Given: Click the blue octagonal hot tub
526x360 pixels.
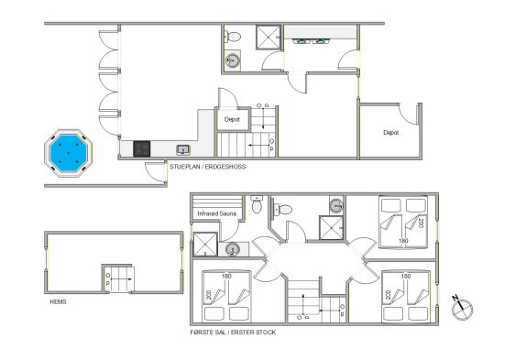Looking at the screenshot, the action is pyautogui.click(x=69, y=153).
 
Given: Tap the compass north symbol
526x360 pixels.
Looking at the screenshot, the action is pyautogui.click(x=462, y=308).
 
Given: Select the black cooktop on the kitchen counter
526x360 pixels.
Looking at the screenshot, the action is pyautogui.click(x=142, y=148).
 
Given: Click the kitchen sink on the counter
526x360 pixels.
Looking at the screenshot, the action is pyautogui.click(x=183, y=149).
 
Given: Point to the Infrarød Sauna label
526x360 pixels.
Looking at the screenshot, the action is pyautogui.click(x=216, y=213).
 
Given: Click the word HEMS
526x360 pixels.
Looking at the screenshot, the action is pyautogui.click(x=58, y=302).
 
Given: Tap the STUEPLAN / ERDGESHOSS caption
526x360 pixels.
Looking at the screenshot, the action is pyautogui.click(x=208, y=167).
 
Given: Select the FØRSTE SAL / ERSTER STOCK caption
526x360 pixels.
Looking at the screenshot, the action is pyautogui.click(x=233, y=333).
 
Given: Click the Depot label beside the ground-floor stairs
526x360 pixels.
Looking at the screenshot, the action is pyautogui.click(x=232, y=119).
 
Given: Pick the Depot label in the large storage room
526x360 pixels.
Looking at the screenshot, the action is pyautogui.click(x=390, y=133).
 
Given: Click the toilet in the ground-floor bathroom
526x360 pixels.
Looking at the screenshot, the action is pyautogui.click(x=233, y=37).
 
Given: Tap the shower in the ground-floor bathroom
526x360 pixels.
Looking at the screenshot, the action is pyautogui.click(x=268, y=38).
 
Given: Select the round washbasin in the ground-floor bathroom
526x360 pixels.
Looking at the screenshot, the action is pyautogui.click(x=232, y=60).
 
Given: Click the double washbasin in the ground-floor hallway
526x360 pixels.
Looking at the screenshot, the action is pyautogui.click(x=311, y=41).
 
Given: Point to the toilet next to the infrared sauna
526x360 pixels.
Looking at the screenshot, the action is pyautogui.click(x=257, y=204).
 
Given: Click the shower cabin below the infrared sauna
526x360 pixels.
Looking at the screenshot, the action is pyautogui.click(x=205, y=245).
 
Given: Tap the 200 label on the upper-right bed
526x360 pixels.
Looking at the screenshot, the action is pyautogui.click(x=421, y=223).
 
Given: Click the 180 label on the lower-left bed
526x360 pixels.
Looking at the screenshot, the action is pyautogui.click(x=226, y=277).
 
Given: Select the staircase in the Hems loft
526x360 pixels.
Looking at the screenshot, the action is pyautogui.click(x=119, y=278).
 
